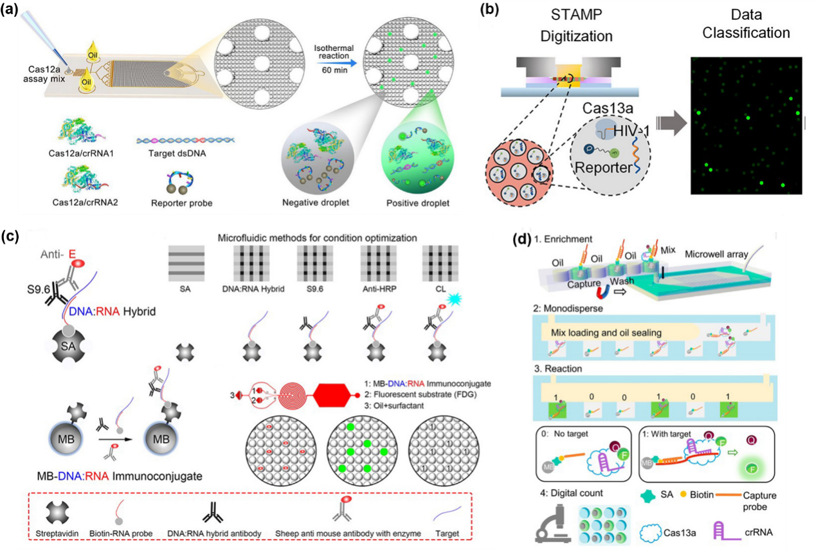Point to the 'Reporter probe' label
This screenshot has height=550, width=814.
pos(186,203)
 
